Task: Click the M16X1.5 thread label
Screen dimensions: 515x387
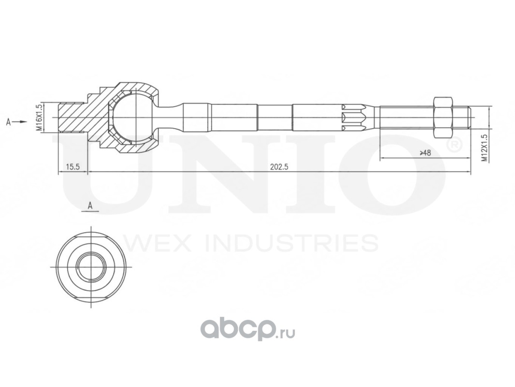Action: point(38,118)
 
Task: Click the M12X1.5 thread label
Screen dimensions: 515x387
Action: point(484,148)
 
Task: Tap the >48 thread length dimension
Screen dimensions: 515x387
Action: point(425,153)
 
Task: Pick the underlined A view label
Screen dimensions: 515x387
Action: point(90,206)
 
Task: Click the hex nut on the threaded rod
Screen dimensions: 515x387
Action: point(443,118)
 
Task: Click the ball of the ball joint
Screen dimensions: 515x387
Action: point(130,118)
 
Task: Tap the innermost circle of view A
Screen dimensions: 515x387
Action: point(91,266)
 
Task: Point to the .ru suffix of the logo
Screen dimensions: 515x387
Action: point(286,332)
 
